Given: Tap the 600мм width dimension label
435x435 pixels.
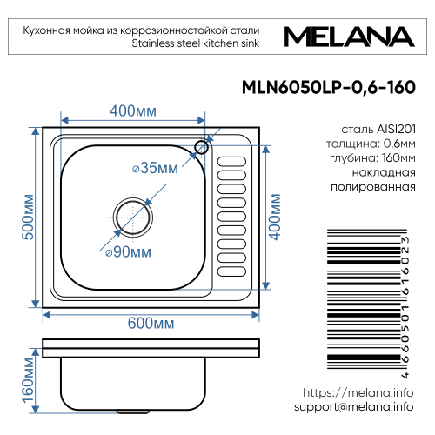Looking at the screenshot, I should [151, 323].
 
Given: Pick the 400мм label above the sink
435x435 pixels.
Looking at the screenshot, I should [133, 112].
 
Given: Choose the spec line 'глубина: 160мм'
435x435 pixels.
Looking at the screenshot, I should [365, 158].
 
